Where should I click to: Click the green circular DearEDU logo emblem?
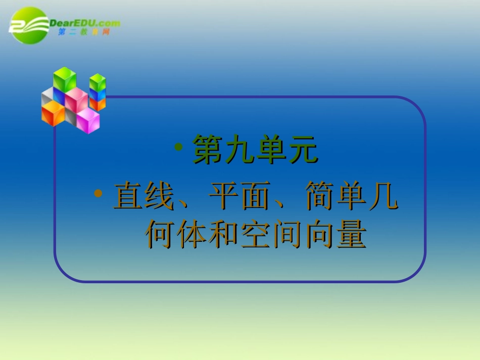coord(28,25)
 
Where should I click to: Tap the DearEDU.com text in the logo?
coord(85,23)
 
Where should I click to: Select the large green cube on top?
coord(65,80)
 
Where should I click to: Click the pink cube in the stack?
coord(76,99)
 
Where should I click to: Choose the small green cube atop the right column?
coord(98,82)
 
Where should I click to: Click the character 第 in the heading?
coord(207,149)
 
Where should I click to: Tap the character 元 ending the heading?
coord(303,149)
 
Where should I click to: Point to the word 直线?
coord(145,197)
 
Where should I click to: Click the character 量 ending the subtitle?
coord(350,234)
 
